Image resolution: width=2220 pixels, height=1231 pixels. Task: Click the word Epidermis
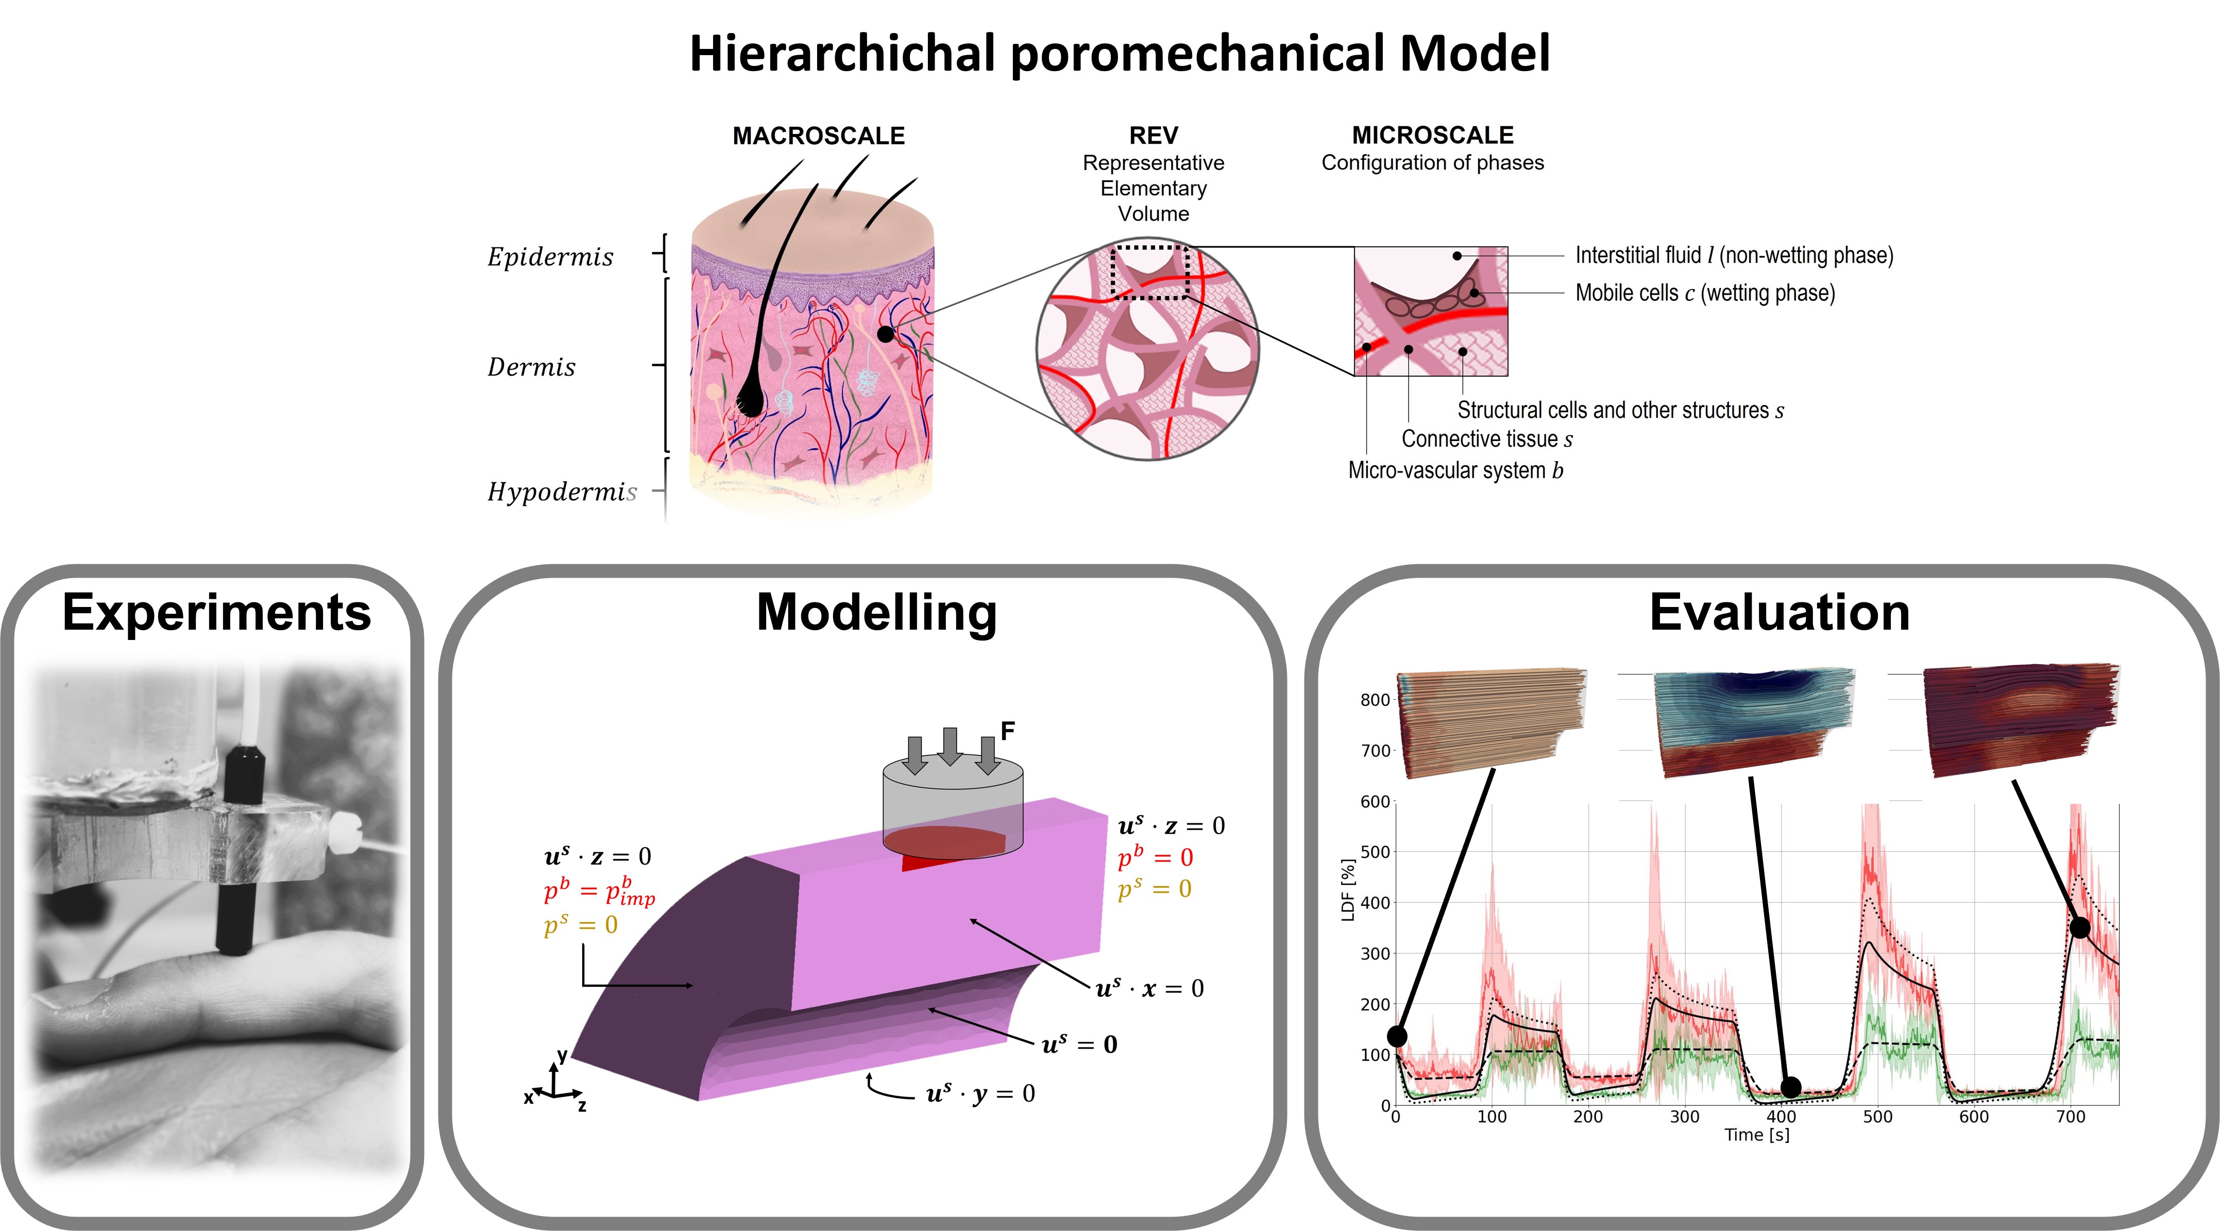[550, 257]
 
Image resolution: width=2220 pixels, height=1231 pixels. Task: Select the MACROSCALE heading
[818, 136]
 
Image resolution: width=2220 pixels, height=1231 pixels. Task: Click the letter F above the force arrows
[1007, 731]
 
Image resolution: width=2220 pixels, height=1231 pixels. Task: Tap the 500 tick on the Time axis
[1877, 1117]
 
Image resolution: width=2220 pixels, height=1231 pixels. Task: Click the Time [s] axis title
[1756, 1135]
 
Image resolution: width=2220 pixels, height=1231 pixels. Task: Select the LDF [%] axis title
[1349, 890]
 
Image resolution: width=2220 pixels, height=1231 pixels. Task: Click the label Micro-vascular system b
[1455, 470]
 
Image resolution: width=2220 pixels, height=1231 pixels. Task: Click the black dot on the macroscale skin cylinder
[885, 333]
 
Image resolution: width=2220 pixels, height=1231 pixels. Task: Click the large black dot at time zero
[1397, 1036]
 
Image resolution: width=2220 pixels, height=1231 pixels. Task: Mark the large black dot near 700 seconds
[2079, 928]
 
